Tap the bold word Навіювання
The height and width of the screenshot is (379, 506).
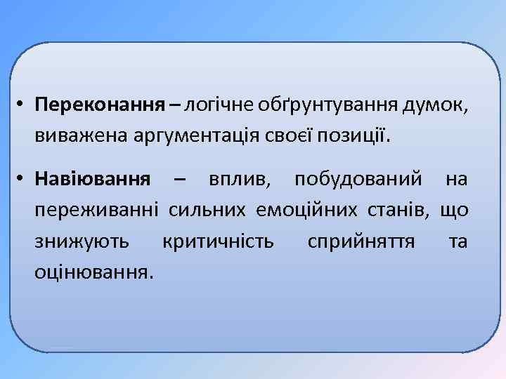(92, 179)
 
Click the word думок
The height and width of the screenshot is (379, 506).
(433, 106)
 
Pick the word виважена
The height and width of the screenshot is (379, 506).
(77, 133)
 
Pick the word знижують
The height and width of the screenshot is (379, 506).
(82, 241)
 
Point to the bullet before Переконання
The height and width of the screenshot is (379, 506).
(22, 106)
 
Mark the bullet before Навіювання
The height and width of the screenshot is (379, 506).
(22, 179)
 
